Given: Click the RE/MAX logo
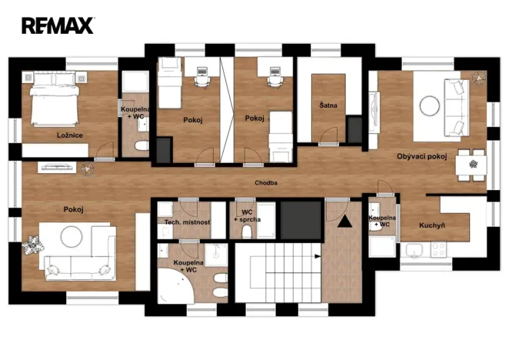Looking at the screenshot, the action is tap(58, 25).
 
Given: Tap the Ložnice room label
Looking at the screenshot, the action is tap(69, 135).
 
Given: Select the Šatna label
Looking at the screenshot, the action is tap(328, 105).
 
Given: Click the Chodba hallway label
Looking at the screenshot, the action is tap(266, 183).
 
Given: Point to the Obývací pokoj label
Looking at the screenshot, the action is tap(421, 156).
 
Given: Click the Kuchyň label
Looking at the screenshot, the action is tap(432, 225).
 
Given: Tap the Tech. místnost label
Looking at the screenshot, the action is tap(187, 222).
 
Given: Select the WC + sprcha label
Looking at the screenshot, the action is tap(247, 216).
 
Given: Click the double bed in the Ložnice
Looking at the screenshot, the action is tap(55, 98).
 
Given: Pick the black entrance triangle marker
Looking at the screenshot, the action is tap(344, 222).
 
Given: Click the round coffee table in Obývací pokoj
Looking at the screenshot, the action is tap(430, 105).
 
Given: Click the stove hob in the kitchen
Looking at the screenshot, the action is tap(438, 249).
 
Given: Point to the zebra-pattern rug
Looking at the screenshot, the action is tap(33, 245).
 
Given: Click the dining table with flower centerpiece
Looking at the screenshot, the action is tap(471, 165).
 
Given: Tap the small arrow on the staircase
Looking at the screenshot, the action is tap(317, 256).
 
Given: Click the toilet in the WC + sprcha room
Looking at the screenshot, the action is tap(247, 232).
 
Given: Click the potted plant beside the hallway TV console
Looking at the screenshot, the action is tap(87, 169).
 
